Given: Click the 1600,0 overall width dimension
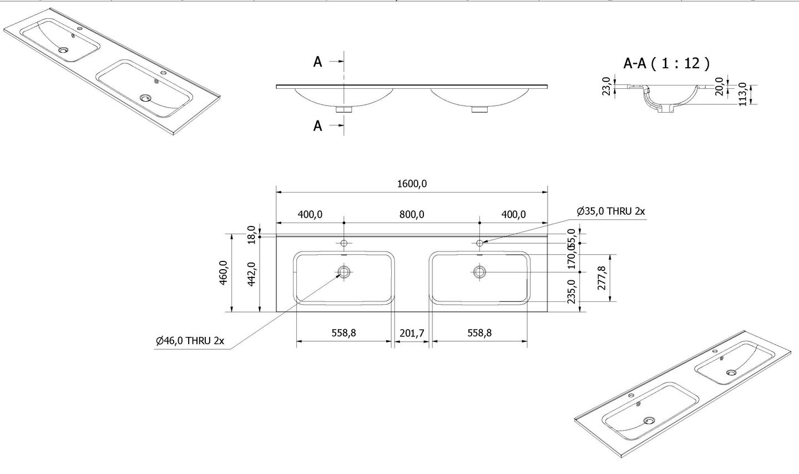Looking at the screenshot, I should pos(412,184).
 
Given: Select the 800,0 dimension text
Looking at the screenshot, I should pos(412,214).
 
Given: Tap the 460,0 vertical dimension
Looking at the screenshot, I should pos(224,273).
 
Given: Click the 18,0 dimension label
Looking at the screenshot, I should pos(251,234).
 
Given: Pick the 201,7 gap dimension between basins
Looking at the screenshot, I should pos(412,333).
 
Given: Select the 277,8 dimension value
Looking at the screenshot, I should pos(600,278).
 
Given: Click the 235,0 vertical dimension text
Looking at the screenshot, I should pos(572,291).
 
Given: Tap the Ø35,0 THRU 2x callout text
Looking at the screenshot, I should pos(610,211).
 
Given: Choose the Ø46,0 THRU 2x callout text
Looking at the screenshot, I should pos(190,341).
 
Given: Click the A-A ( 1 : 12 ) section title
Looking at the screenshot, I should pos(666,63).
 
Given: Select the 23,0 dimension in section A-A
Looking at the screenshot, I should pos(606,86).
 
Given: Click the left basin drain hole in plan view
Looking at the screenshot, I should pos(344,271).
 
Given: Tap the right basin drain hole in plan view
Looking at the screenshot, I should pos(479,271).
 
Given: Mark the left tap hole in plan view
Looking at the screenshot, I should pos(344,243).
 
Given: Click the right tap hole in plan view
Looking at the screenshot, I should pos(479,243).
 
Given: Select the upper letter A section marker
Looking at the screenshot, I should pos(317,62).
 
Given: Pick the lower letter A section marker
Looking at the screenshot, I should pos(317,126).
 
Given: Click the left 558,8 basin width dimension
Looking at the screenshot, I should pos(344,333).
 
